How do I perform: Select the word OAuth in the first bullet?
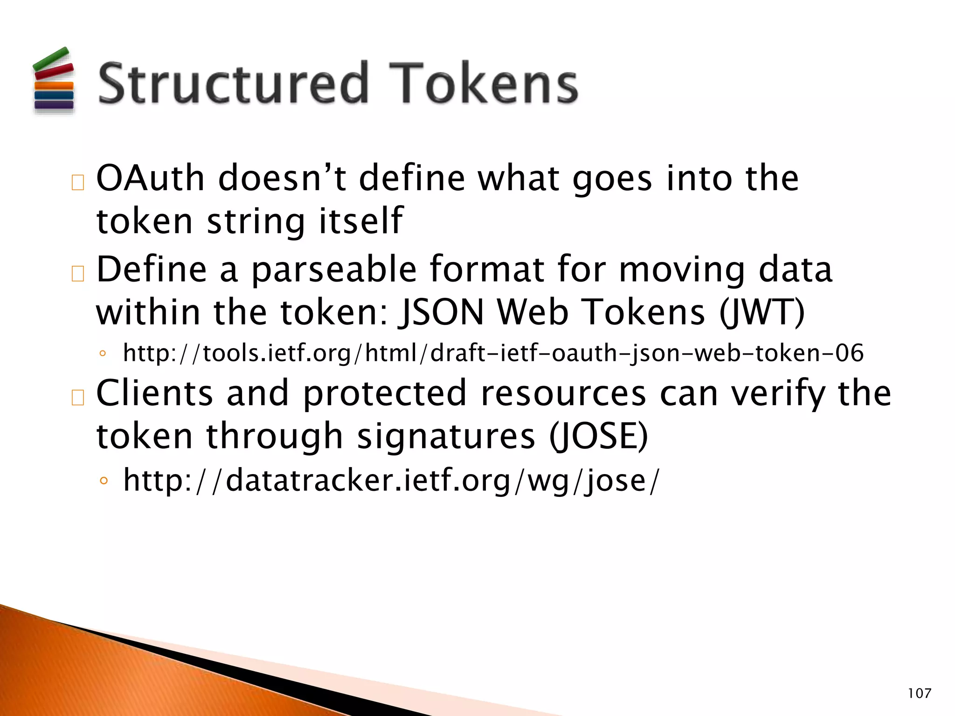click(x=150, y=179)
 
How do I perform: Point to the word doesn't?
click(x=282, y=179)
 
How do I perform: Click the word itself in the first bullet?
click(x=360, y=221)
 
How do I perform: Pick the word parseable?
click(x=334, y=270)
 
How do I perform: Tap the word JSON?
click(x=441, y=312)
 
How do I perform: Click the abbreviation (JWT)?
click(x=761, y=312)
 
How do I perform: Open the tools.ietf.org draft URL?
click(x=493, y=353)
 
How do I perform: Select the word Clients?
click(x=154, y=393)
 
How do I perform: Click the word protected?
click(x=385, y=394)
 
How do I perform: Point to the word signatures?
click(x=446, y=436)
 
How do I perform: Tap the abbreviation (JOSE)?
click(x=598, y=436)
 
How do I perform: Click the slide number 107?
click(x=919, y=693)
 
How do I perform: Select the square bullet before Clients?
click(x=77, y=398)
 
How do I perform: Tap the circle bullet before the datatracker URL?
click(x=104, y=481)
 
